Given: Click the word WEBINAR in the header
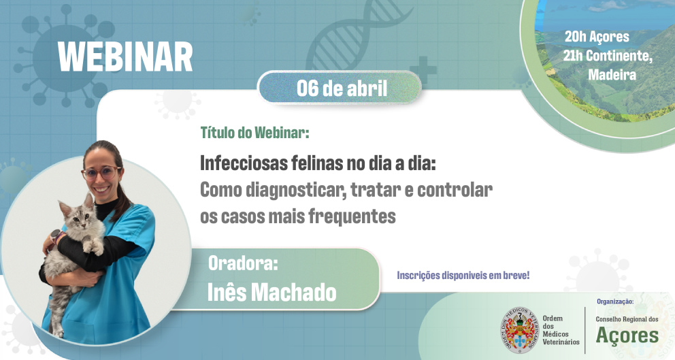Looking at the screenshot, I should pos(125,57).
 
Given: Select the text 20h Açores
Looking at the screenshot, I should pos(597,37).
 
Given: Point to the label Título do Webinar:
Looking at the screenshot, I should pos(254,132).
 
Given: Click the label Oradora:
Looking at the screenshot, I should pos(243,263).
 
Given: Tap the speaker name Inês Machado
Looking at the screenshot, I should pos(271,291).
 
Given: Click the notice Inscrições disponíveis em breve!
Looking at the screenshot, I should pos(463,276).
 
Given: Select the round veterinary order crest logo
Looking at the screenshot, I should pos(520,330).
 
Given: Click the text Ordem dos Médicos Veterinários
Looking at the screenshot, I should pos(561,330).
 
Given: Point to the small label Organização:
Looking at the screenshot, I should pos(615,301).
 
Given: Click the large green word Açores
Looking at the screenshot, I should pos(627,335).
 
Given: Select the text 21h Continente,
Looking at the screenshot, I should pos(608,56).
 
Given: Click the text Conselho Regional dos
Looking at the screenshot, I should pos(627,318).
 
